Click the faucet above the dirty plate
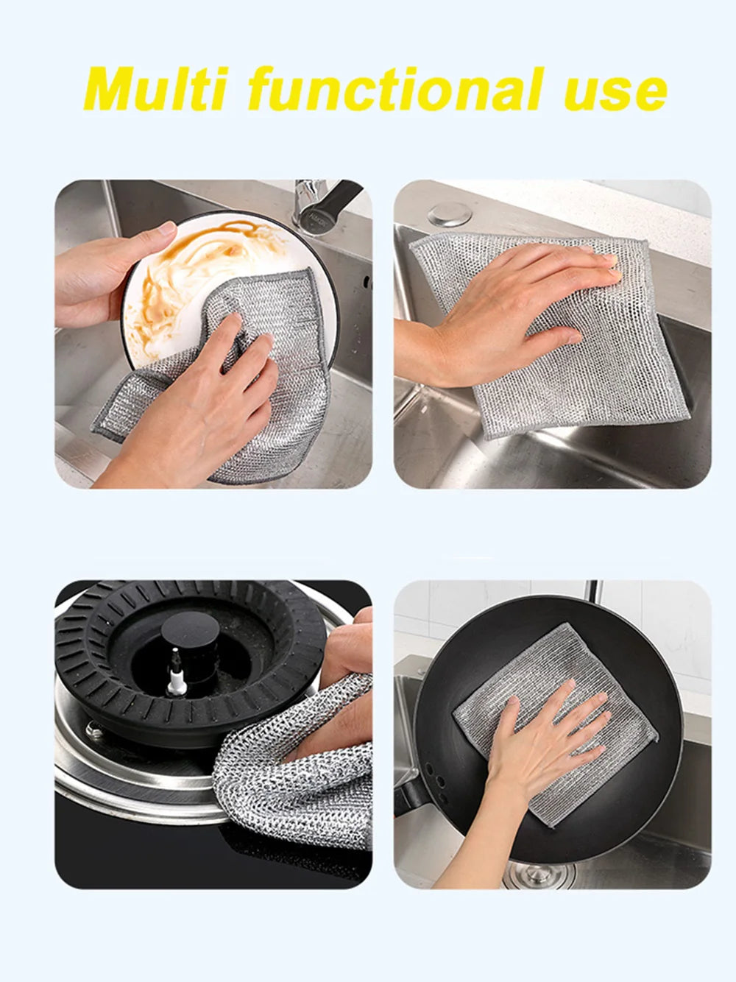coord(313,202)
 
